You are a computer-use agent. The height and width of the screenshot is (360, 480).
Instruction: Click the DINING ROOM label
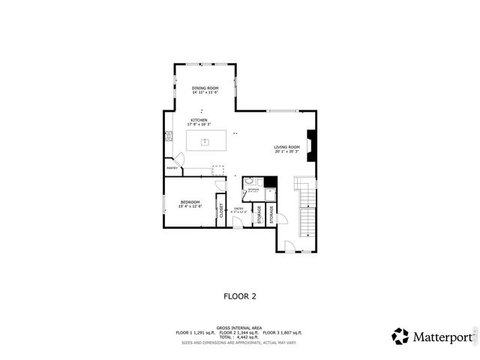[x=205, y=88]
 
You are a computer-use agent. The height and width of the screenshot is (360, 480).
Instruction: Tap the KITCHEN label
[x=199, y=120]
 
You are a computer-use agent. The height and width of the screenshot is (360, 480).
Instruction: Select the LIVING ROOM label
[x=286, y=147]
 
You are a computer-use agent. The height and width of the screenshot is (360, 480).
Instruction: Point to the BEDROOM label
[x=190, y=202]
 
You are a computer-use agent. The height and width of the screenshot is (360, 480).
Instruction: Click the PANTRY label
[x=172, y=169]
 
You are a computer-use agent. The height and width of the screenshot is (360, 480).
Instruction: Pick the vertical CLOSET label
[x=221, y=211]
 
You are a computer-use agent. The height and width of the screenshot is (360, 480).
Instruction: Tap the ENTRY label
[x=238, y=208]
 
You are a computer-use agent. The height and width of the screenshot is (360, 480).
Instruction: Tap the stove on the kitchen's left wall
[x=168, y=136]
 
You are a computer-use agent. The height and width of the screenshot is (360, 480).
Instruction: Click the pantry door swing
[x=178, y=159]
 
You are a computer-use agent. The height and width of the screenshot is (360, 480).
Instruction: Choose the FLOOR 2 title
[x=240, y=296]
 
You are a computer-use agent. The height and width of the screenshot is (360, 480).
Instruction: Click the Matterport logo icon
[x=400, y=336]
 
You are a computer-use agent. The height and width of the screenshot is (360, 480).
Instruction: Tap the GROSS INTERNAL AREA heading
[x=239, y=328]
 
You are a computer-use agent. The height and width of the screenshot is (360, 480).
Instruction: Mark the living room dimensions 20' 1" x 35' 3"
[x=286, y=151]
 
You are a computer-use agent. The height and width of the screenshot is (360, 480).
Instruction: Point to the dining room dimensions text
[x=205, y=93]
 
